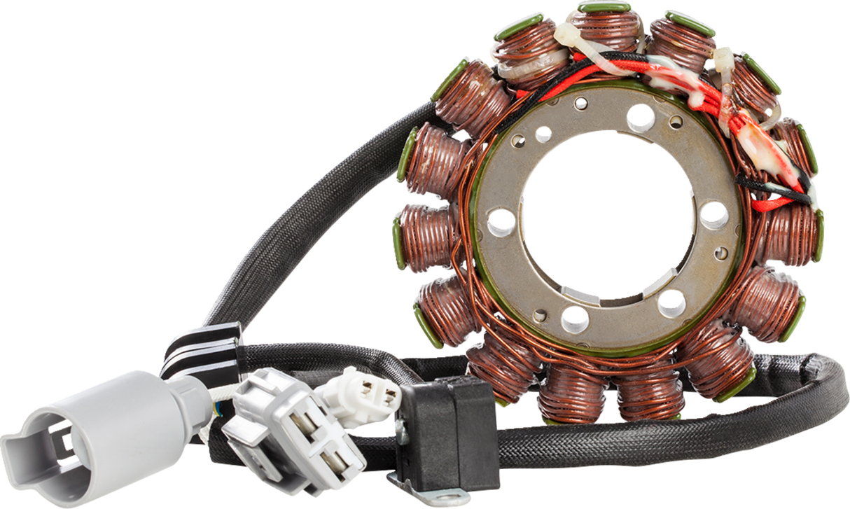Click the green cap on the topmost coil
point(604,6)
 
